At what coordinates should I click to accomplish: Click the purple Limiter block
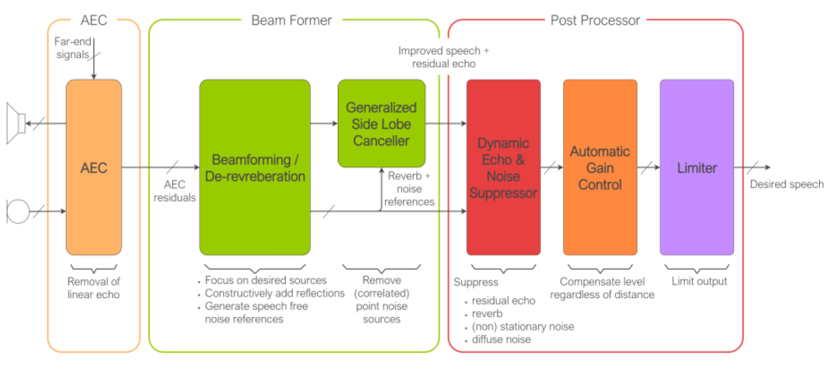coord(697,168)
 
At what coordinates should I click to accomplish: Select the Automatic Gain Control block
coord(600,168)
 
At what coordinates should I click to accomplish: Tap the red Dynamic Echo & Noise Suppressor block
coord(503,168)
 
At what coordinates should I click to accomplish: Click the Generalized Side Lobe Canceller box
coord(381,124)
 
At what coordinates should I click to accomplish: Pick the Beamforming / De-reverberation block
coord(255,168)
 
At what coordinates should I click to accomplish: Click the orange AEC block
coord(94,168)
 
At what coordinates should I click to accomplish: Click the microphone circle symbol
coord(18,211)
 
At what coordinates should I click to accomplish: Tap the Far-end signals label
coord(73,48)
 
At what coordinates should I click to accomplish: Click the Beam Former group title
coord(291,20)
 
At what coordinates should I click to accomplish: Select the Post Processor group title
coord(595,20)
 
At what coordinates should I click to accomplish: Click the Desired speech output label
coord(787,184)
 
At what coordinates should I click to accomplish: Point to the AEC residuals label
coord(174,191)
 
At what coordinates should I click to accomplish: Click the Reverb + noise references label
coord(409,188)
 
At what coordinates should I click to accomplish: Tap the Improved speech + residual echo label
coord(443,57)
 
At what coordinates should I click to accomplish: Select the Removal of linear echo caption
coord(94,288)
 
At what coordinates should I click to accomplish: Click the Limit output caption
coord(699,281)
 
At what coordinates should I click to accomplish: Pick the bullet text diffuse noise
coord(501,339)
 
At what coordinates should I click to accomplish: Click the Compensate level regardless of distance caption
coord(602,288)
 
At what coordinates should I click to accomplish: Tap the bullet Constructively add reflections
coord(274,293)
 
